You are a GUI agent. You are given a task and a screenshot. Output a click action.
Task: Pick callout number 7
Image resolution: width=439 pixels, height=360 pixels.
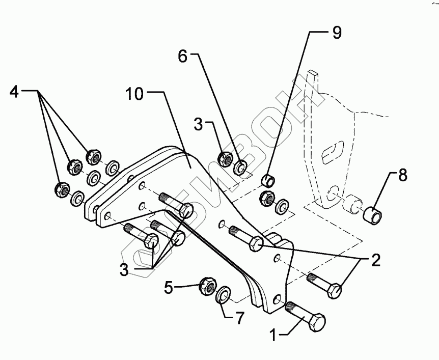click(238, 319)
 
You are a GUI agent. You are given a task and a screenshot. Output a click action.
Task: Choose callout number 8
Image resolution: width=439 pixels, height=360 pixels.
click(402, 176)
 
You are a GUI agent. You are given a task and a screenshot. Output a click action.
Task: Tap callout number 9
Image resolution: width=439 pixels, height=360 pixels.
click(337, 33)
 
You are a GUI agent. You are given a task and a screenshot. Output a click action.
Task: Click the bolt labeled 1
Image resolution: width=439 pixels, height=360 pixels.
click(306, 317)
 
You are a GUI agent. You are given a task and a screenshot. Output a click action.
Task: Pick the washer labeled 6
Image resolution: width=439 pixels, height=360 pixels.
click(241, 166)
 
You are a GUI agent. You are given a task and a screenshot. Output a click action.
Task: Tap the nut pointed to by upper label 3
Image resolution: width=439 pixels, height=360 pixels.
click(224, 159)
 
